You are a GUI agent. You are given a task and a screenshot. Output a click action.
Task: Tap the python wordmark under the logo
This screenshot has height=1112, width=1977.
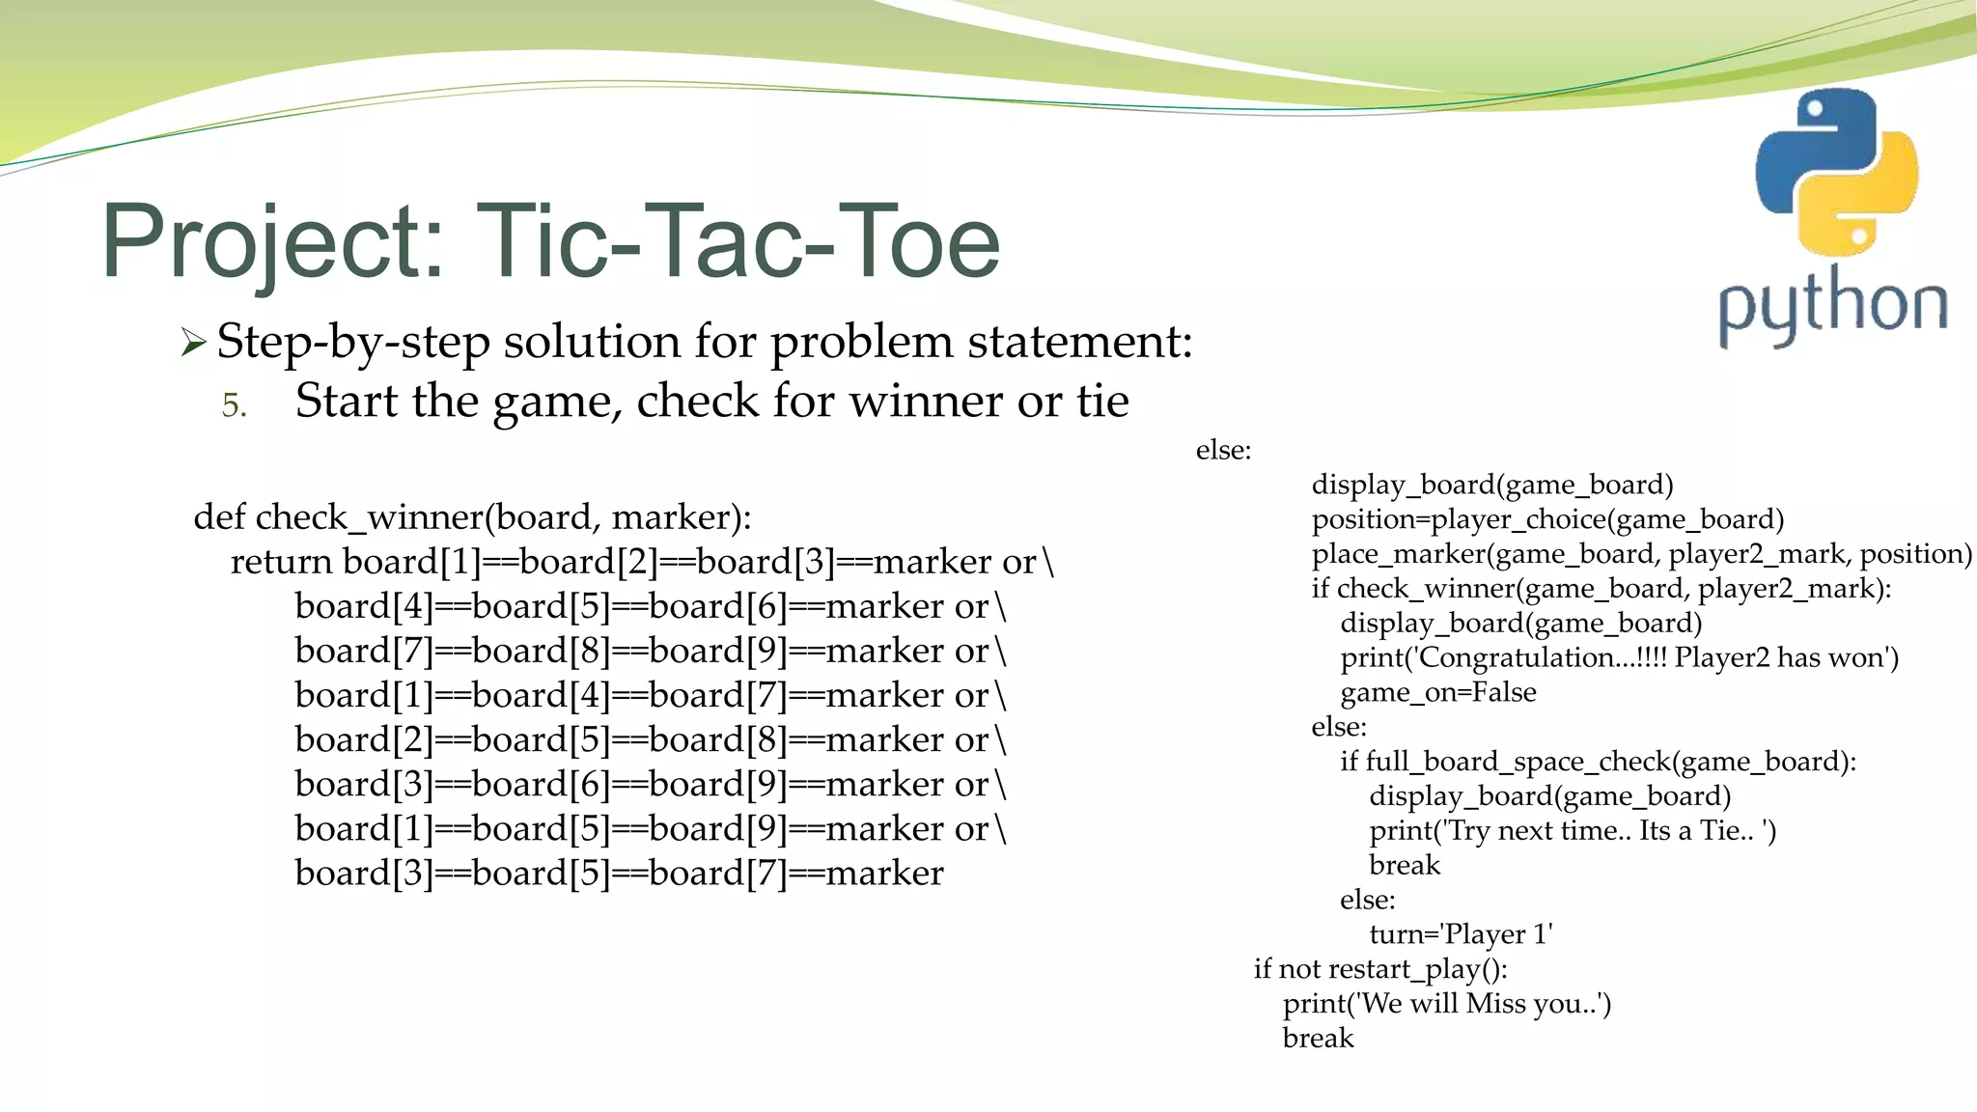pyautogui.click(x=1832, y=306)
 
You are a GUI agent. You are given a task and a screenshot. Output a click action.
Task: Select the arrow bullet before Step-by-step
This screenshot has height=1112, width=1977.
pyautogui.click(x=193, y=343)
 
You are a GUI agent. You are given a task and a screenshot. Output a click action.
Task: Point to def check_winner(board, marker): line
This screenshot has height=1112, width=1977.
pyautogui.click(x=472, y=517)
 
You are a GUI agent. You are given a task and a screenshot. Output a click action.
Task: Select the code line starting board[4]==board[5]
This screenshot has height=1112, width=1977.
pyautogui.click(x=649, y=606)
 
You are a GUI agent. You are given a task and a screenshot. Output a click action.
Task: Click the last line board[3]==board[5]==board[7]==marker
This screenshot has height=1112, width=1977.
pyautogui.click(x=619, y=873)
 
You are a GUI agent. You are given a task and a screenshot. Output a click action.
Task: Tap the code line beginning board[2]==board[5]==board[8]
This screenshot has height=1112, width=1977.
pyautogui.click(x=649, y=739)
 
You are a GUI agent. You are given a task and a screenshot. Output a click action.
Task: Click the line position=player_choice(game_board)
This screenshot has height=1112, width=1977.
pyautogui.click(x=1546, y=519)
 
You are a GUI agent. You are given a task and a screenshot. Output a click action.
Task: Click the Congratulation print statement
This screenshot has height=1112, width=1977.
pyautogui.click(x=1619, y=657)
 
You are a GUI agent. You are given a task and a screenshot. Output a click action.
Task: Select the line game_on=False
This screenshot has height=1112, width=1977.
pyautogui.click(x=1437, y=692)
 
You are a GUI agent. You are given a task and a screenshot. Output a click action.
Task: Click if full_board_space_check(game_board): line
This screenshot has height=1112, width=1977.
pyautogui.click(x=1598, y=762)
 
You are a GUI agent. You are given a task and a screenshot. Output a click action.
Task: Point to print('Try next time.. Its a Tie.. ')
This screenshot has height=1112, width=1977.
pyautogui.click(x=1572, y=830)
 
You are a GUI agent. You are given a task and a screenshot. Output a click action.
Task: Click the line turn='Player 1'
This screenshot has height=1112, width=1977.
pyautogui.click(x=1460, y=934)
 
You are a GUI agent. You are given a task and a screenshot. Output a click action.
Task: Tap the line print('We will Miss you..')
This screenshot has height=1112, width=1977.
pyautogui.click(x=1446, y=1004)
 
